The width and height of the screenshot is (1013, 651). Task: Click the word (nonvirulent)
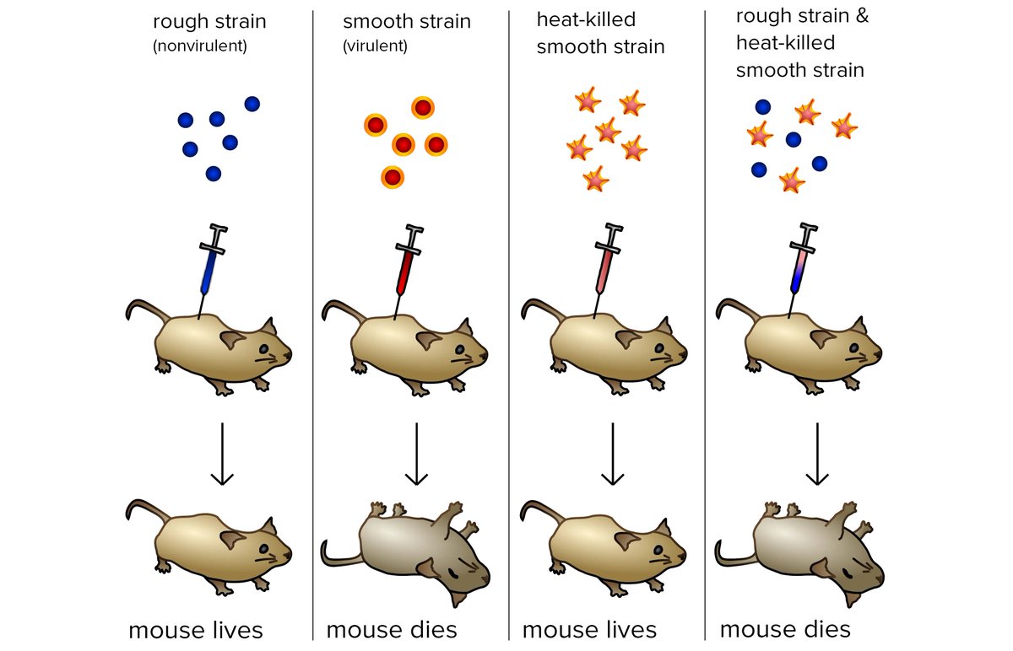pos(200,46)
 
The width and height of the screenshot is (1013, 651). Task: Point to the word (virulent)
pos(375,46)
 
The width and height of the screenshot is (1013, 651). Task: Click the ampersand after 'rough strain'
pos(862,16)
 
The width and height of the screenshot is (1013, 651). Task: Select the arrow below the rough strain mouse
pos(222,454)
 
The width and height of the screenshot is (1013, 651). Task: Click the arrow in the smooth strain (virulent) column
pos(416,454)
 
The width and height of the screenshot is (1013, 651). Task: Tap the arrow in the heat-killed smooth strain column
pos(613,454)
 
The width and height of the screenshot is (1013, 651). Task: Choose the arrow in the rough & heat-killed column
pos(817,454)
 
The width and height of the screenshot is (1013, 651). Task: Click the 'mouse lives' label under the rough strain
pos(195,630)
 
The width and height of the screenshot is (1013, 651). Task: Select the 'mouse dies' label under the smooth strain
pos(392,630)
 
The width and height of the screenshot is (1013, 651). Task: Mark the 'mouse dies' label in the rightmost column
pos(785,629)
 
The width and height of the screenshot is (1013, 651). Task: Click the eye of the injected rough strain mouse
pos(263,349)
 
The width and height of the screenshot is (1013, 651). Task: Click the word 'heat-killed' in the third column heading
pos(586,20)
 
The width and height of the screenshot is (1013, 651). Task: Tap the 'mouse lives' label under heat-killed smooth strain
pos(589,630)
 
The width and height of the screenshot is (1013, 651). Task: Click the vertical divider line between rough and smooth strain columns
pos(313,325)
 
